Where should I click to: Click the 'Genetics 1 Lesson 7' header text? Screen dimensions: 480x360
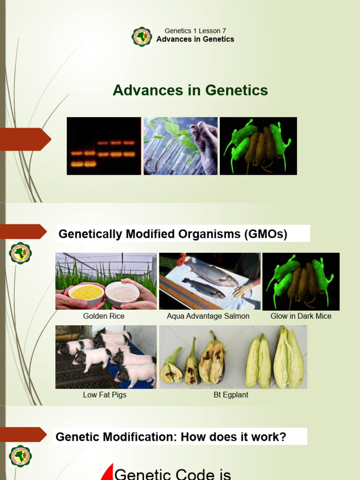click(195, 31)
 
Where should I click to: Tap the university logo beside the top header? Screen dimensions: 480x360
click(142, 37)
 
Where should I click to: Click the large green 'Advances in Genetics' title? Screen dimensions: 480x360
click(190, 90)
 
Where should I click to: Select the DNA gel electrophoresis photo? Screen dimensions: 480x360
click(104, 146)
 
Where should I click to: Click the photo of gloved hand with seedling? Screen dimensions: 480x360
click(180, 146)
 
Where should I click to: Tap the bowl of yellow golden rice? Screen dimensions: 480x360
click(86, 293)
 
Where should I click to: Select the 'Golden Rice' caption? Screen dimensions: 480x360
click(104, 316)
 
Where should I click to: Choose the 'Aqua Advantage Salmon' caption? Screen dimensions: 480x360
click(208, 316)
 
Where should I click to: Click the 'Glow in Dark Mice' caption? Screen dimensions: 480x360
click(301, 316)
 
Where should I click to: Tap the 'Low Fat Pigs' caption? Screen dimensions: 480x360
click(105, 395)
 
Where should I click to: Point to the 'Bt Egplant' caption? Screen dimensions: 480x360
click(231, 395)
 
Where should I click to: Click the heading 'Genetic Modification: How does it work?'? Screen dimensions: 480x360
click(171, 437)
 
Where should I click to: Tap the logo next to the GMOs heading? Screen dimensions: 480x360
click(20, 253)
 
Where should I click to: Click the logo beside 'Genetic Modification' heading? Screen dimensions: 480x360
click(20, 456)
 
